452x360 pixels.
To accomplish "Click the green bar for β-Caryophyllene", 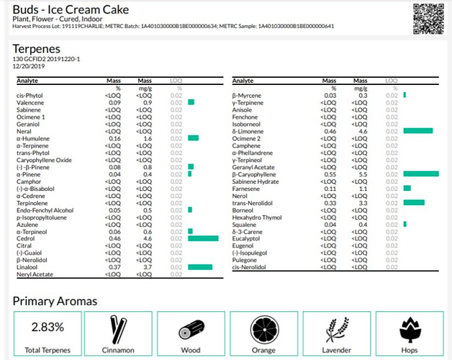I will coord(421,174).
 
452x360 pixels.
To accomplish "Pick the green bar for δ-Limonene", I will coord(418,130).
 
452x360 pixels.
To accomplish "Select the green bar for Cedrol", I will coord(202,238).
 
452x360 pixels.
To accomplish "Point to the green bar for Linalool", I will coord(199,266).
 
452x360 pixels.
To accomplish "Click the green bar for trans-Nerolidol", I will coord(414,202).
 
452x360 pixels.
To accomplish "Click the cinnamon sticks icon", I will coord(118,329).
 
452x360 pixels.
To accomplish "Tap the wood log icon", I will coord(191,329).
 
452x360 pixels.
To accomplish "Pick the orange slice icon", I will coord(263,329).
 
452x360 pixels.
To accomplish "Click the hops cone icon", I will coord(409,329).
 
